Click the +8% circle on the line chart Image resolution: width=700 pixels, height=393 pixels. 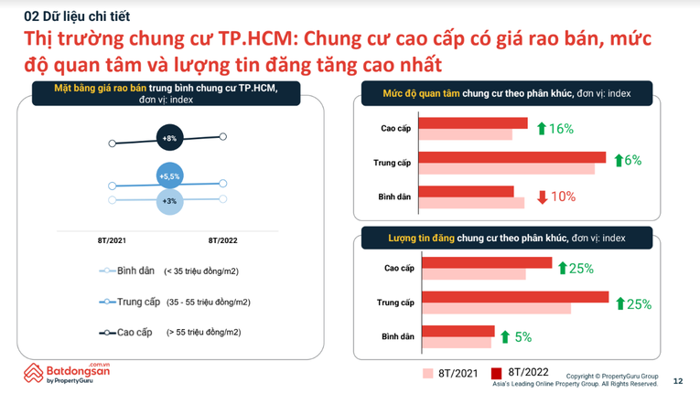click(x=169, y=138)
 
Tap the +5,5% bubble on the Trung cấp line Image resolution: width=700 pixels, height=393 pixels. click(x=169, y=175)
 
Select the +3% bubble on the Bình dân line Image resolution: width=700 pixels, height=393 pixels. click(x=169, y=200)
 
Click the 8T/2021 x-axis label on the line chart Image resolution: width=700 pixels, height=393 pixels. click(x=112, y=240)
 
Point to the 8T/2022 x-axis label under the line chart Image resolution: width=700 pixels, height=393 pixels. click(x=222, y=240)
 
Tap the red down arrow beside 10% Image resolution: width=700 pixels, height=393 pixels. click(x=542, y=196)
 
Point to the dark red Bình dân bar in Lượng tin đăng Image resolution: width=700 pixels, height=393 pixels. click(x=458, y=332)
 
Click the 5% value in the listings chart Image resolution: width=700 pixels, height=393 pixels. click(x=522, y=337)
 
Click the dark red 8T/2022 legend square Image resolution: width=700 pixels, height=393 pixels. click(x=497, y=373)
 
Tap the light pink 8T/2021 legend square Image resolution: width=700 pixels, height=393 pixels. click(x=427, y=373)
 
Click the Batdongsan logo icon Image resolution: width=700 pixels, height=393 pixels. click(x=34, y=373)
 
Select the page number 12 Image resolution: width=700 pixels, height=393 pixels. click(x=677, y=380)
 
